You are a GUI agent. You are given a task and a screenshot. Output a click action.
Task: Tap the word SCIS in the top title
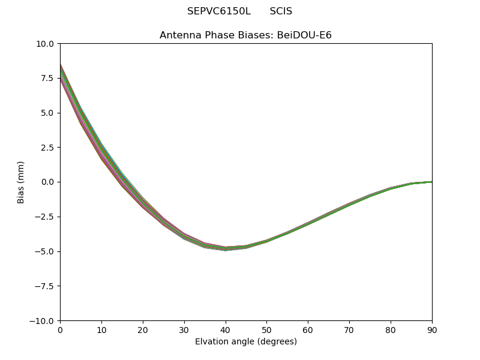(281, 11)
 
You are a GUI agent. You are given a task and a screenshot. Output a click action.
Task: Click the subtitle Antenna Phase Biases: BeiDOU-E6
(245, 35)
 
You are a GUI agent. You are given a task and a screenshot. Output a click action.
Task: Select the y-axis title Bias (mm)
(21, 182)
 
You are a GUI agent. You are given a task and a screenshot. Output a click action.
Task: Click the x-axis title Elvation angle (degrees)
(245, 342)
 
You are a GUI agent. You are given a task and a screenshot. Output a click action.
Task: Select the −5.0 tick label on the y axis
(44, 251)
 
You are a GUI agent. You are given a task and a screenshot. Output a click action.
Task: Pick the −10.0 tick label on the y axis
(43, 320)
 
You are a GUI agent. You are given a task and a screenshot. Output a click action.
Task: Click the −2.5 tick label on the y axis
(44, 217)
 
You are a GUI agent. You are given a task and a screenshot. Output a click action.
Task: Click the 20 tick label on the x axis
(143, 331)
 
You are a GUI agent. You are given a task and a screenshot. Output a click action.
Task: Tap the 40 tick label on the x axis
(226, 331)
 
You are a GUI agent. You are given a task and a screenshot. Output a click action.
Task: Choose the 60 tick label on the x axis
(308, 331)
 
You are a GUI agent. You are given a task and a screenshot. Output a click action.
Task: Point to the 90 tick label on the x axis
(431, 331)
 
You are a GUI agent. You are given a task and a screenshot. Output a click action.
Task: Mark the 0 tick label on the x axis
(60, 331)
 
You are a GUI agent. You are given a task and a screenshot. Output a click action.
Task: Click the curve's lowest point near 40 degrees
(226, 248)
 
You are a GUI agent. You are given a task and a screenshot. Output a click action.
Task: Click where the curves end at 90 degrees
(431, 182)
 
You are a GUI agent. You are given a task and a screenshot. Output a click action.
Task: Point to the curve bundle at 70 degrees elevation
(349, 205)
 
